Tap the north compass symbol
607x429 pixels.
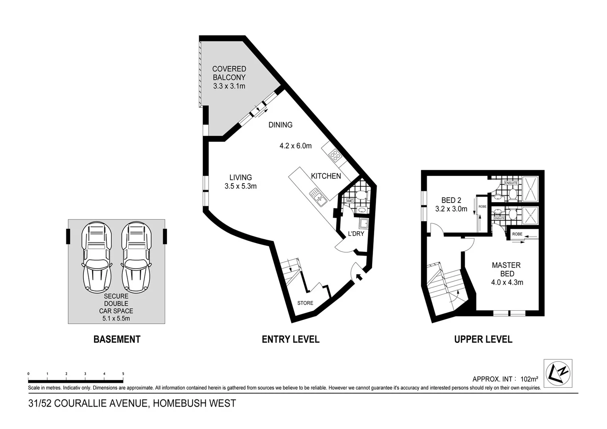[558, 372]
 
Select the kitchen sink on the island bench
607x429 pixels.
[318, 197]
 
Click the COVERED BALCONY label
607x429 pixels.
[229, 73]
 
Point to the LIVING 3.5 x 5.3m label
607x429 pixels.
[240, 182]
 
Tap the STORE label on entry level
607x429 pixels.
[305, 303]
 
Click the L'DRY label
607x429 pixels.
[356, 234]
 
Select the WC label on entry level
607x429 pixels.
[350, 201]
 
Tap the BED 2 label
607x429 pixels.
[451, 200]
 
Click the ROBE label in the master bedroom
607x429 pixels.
[517, 234]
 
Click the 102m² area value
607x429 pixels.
[527, 379]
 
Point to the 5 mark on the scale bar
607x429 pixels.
[123, 374]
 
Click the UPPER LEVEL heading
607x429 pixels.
[483, 339]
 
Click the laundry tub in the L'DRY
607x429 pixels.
[363, 222]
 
